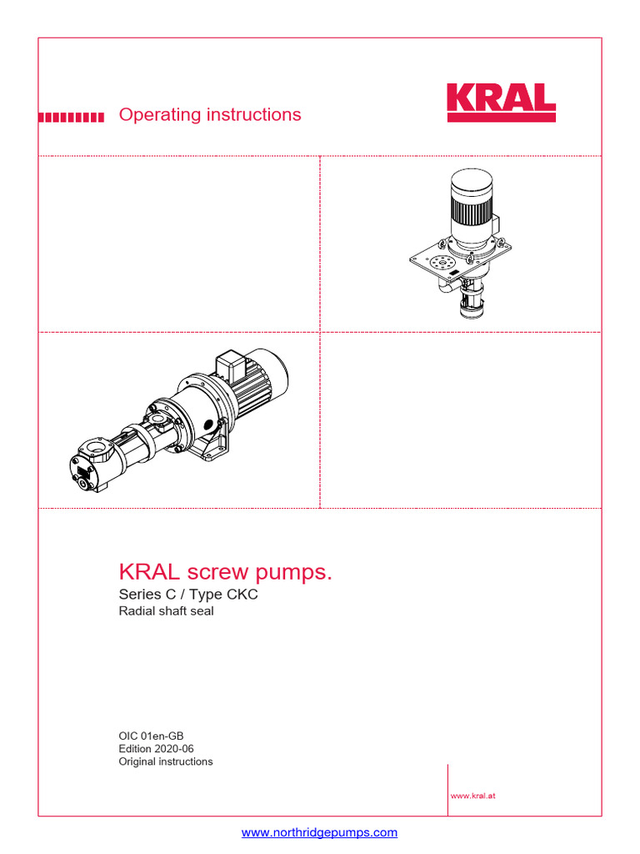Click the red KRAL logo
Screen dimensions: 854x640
501,103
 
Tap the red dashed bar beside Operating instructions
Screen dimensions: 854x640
72,118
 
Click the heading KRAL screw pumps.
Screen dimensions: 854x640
226,572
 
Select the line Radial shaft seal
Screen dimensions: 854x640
166,612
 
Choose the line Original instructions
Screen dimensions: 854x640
166,761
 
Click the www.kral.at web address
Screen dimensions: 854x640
473,796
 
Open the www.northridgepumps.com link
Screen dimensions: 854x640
319,832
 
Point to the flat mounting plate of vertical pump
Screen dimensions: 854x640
433,265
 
